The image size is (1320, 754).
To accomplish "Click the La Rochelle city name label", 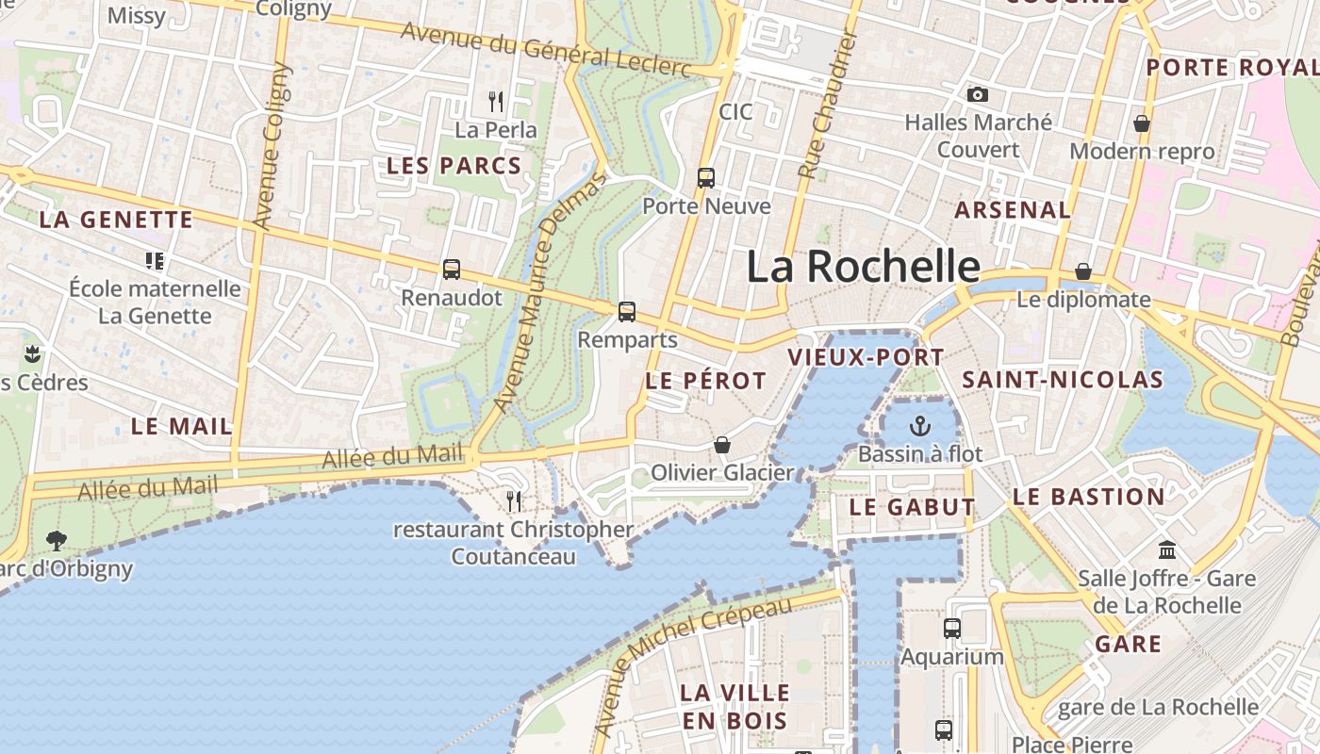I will (x=864, y=267).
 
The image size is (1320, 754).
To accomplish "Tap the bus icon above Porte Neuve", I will (x=705, y=177).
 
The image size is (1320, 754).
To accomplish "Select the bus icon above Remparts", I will (x=627, y=312).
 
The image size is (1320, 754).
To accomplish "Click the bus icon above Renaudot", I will (x=452, y=270).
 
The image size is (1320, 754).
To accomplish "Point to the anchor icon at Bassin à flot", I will (x=920, y=426).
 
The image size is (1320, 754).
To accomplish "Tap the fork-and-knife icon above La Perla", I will (x=496, y=101).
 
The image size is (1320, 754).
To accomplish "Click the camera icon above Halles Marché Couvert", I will (x=978, y=94).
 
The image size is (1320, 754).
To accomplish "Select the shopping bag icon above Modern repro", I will (x=1142, y=123).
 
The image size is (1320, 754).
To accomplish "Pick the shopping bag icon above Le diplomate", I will (x=1083, y=271).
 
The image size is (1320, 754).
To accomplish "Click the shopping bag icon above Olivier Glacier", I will (x=722, y=444).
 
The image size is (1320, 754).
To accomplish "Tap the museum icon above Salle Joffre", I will (x=1167, y=549).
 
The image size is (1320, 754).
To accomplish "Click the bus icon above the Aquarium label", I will (x=952, y=628).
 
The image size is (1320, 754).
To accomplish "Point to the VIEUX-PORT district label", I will (x=866, y=357).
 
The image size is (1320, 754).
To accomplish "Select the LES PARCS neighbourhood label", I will (x=454, y=166).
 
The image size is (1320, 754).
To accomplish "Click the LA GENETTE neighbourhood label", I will (x=116, y=221).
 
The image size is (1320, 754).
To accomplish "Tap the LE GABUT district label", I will (x=912, y=507).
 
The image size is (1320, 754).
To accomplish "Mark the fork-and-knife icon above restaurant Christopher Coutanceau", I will (x=514, y=500).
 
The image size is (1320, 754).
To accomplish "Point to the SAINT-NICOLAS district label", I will (x=1063, y=380).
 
